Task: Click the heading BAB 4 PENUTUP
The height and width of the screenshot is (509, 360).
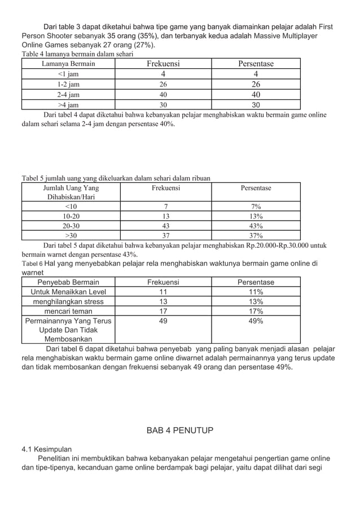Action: click(180, 431)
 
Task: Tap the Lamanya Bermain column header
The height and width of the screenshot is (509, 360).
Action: click(68, 64)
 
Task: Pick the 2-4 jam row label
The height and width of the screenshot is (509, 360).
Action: click(68, 95)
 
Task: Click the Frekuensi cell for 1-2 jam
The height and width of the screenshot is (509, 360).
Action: click(163, 85)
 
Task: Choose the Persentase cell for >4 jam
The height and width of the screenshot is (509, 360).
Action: click(256, 105)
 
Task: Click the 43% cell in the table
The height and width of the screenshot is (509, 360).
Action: click(256, 226)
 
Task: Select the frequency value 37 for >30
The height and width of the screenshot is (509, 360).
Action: click(166, 236)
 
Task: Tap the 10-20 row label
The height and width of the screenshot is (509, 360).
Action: click(71, 216)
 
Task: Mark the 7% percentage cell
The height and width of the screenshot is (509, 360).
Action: click(256, 207)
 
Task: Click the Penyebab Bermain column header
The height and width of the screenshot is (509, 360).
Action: click(68, 282)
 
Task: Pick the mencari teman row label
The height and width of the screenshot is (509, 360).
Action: click(68, 311)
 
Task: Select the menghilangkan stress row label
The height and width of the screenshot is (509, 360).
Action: click(68, 301)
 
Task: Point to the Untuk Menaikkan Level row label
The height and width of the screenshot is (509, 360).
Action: click(68, 292)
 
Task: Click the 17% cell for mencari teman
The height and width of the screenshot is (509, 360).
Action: click(256, 311)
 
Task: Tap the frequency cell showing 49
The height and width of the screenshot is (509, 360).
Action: click(163, 321)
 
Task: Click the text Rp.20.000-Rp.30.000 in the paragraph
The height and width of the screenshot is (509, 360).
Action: click(282, 245)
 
